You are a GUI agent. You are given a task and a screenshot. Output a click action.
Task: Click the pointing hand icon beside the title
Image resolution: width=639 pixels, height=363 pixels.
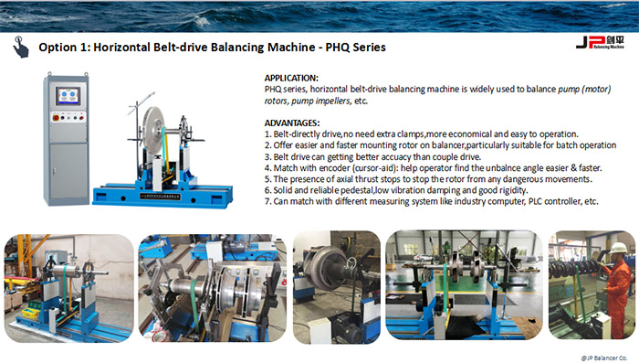coord(20,47)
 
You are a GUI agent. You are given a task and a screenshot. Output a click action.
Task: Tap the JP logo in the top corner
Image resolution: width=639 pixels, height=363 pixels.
coord(600,42)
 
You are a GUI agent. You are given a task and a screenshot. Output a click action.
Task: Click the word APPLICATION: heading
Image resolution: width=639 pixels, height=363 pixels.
coord(291,78)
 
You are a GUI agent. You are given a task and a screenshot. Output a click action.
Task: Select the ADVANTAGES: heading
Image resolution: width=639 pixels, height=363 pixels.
coord(292,123)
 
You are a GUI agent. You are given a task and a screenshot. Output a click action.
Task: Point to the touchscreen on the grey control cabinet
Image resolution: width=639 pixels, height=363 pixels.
coord(68,96)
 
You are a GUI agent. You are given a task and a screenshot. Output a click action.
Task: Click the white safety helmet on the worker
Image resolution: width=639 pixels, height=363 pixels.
coord(618,248)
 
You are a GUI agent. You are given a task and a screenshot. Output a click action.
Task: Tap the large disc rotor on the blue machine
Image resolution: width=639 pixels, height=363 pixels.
coord(153,130)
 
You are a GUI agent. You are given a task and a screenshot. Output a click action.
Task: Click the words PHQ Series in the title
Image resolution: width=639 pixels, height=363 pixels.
coord(355,48)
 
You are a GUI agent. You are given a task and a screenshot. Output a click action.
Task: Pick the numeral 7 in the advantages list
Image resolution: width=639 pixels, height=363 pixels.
coord(267,201)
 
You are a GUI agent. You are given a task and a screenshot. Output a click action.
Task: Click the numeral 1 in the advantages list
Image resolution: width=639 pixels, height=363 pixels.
coord(267,134)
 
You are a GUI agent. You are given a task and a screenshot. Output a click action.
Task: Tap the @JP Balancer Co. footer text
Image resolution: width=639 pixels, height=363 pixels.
coord(604,358)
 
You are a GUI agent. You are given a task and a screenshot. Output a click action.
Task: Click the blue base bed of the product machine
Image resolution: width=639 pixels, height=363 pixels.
coord(162,197)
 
